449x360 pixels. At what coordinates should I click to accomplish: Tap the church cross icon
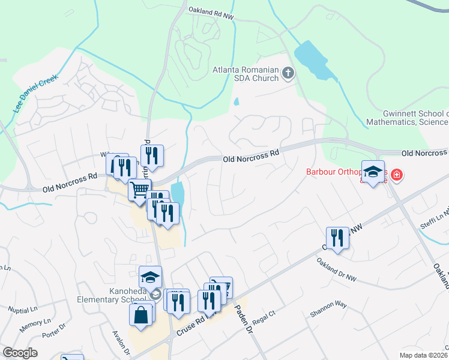click(x=288, y=74)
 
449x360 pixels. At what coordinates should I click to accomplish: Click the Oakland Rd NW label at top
click(x=209, y=10)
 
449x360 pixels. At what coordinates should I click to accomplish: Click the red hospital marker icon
click(x=396, y=175)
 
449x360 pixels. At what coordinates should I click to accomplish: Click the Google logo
click(x=20, y=353)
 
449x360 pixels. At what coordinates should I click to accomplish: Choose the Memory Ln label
click(x=31, y=326)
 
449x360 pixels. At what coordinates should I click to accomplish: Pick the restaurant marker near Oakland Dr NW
click(x=337, y=238)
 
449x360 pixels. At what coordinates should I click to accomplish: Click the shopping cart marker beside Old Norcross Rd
click(x=139, y=190)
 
